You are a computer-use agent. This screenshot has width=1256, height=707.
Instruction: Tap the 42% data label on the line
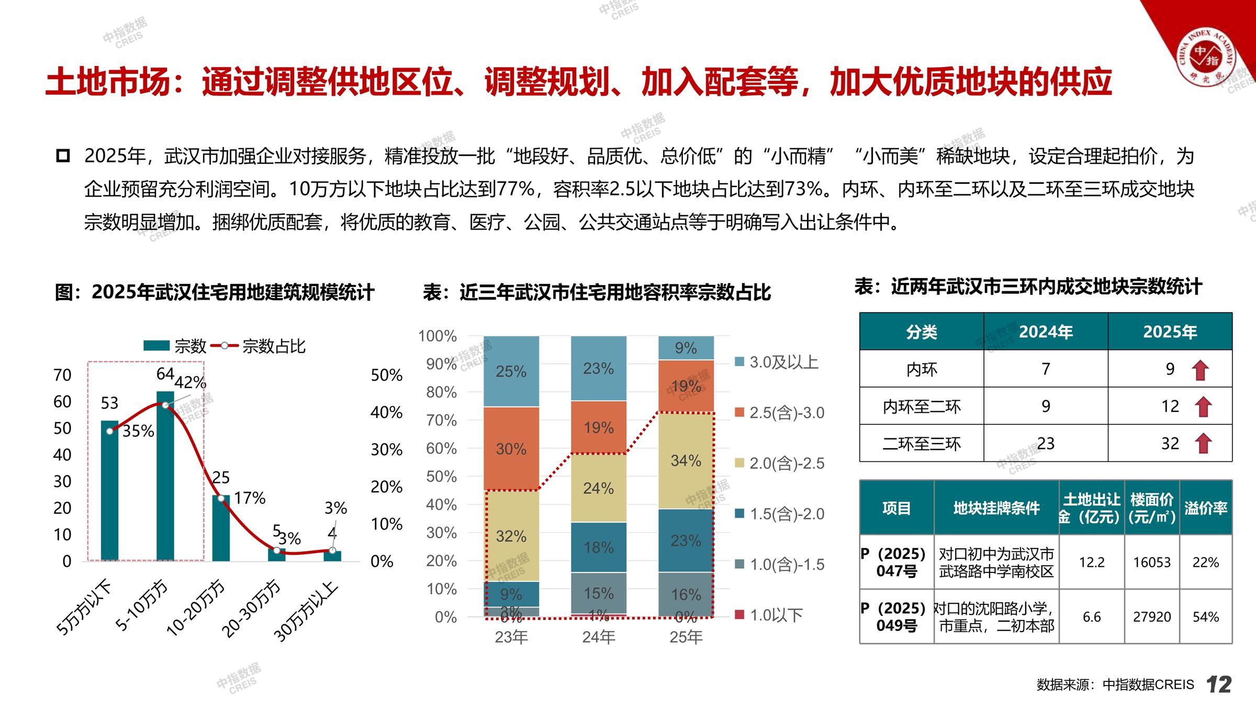point(190,382)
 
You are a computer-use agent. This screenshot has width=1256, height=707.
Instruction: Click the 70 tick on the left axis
point(62,375)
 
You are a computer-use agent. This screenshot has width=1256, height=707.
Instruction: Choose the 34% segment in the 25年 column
point(686,460)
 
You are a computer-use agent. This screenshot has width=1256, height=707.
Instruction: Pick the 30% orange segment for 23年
point(511,449)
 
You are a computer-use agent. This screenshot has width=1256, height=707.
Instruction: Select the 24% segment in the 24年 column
point(598,488)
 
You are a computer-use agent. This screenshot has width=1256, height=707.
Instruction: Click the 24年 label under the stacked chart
point(598,637)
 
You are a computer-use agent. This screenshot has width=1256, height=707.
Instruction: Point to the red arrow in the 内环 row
point(1200,370)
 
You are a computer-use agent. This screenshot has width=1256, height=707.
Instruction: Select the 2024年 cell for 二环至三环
point(1046,444)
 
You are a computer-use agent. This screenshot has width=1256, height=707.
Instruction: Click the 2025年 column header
point(1170,332)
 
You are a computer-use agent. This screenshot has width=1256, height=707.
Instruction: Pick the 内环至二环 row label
point(922,406)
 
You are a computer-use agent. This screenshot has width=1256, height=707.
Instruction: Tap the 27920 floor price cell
point(1151,617)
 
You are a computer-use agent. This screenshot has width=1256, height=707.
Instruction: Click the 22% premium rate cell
point(1206,562)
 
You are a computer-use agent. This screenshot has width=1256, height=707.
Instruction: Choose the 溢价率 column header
point(1206,508)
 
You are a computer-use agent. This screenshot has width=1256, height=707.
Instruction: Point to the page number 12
point(1219,684)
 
